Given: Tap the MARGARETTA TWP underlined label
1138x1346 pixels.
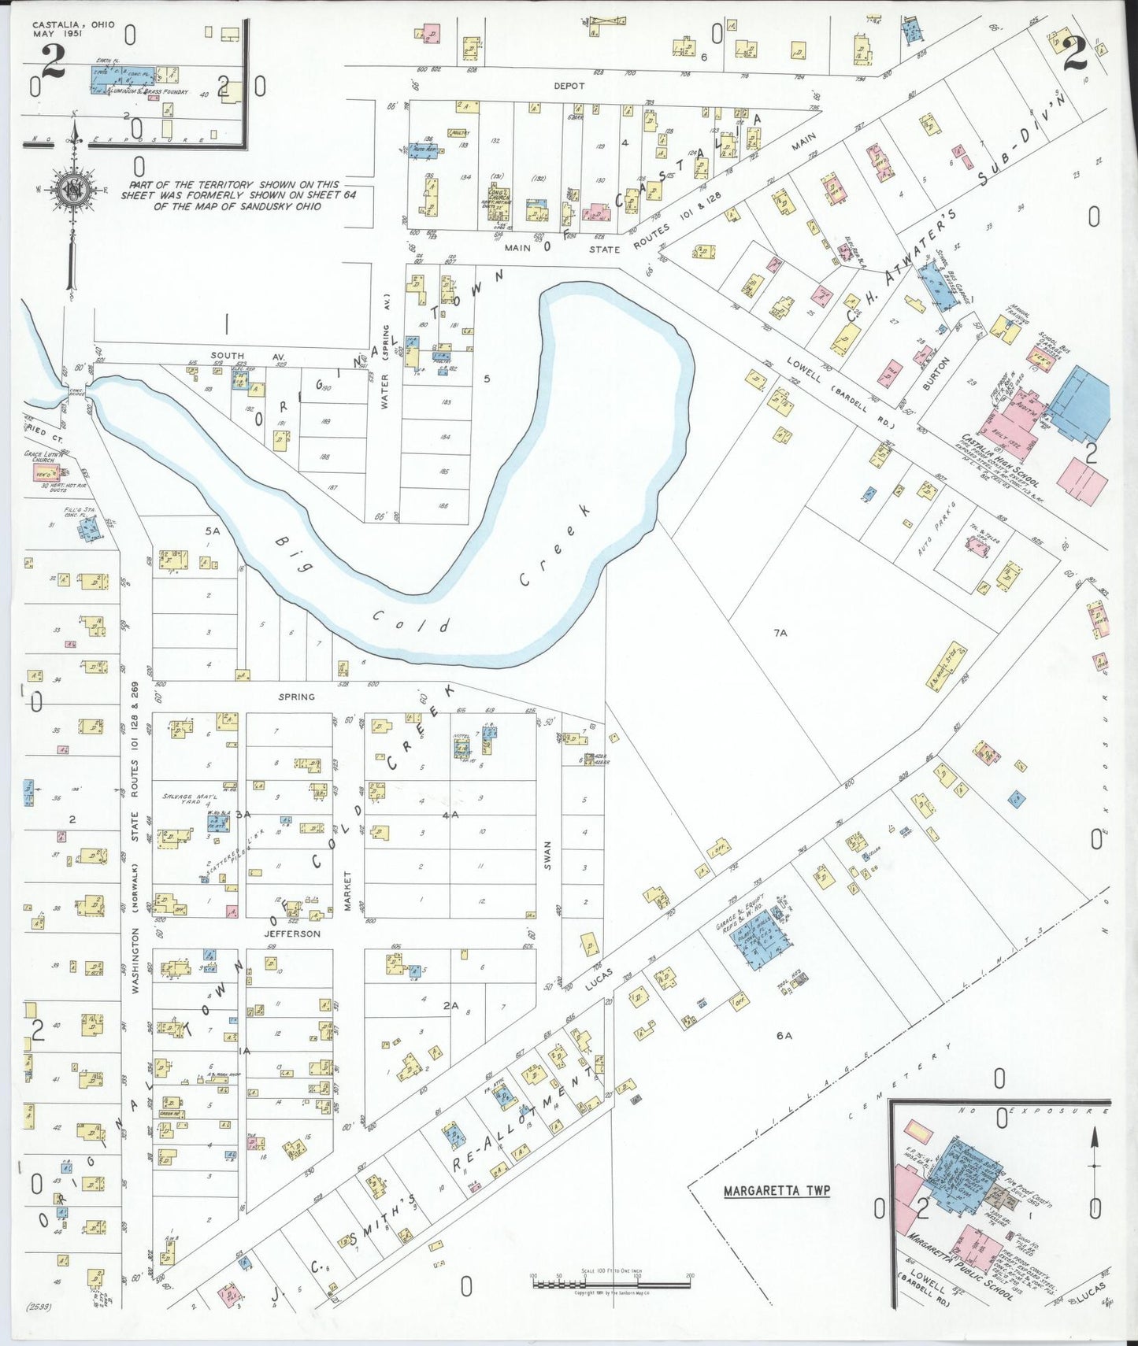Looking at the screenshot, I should pos(777,1191).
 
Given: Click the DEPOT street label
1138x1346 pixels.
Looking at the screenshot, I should pos(569,86).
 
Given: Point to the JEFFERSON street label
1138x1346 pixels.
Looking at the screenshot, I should pos(292,934).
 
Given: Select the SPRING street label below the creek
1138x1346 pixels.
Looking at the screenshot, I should pos(296,697).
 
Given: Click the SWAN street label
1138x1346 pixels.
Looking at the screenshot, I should pos(547,855).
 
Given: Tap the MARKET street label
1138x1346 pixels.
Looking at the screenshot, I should pos(347,890).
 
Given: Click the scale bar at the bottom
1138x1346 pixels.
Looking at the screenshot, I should pos(611,1284).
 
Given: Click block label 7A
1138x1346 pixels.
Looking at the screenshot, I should pos(780,632).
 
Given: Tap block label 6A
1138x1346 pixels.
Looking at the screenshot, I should pos(784,1036).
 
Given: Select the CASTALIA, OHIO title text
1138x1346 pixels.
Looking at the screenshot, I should pos(73,25).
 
